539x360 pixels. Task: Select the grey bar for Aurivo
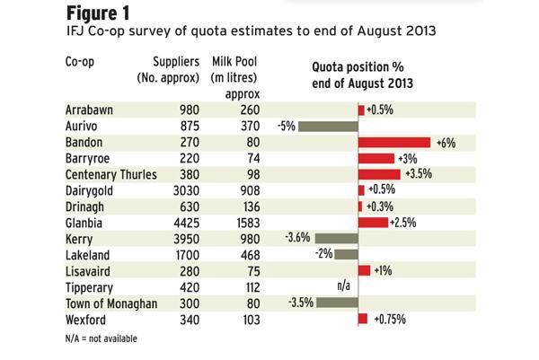coord(328,126)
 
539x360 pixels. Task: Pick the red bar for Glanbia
coord(373,222)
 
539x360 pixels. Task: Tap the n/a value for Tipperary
coord(342,286)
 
